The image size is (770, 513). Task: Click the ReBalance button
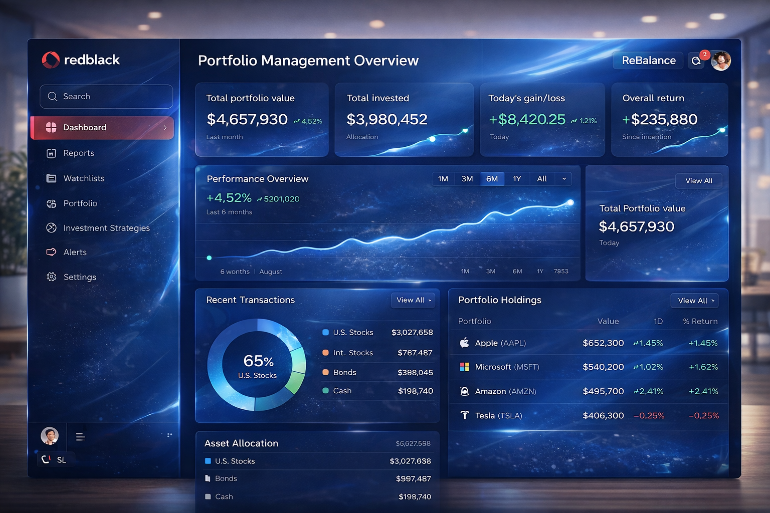click(x=648, y=61)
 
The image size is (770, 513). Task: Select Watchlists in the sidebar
click(x=84, y=178)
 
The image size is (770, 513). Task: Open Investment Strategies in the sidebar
click(x=106, y=228)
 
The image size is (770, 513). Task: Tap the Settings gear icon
click(x=51, y=277)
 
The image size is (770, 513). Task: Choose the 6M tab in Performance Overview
click(x=492, y=179)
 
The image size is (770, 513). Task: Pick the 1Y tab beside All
click(x=517, y=179)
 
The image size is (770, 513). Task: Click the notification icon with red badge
click(x=696, y=61)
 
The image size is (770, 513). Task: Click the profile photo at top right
click(x=721, y=61)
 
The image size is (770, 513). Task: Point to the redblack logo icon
click(x=51, y=60)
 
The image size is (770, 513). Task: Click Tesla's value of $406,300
click(x=603, y=416)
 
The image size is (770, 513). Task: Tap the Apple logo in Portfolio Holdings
click(x=465, y=343)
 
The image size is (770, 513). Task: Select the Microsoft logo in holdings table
click(x=465, y=367)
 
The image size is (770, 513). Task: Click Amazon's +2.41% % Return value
click(x=703, y=391)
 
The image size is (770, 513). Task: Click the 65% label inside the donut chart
click(x=258, y=361)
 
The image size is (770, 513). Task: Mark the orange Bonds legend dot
click(x=325, y=372)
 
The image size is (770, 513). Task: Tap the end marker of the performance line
click(x=570, y=202)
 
